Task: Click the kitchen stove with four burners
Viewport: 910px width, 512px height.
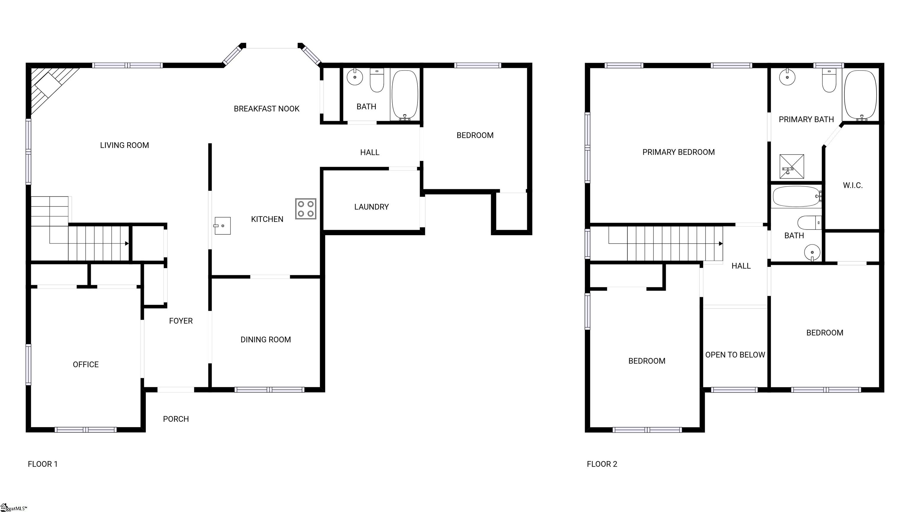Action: tap(306, 209)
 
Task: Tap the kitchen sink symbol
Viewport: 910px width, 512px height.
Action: tap(222, 226)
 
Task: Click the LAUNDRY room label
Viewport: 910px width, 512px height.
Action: tap(371, 207)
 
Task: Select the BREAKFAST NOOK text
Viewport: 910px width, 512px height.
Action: tap(266, 109)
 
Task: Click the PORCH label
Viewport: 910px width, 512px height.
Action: tap(176, 419)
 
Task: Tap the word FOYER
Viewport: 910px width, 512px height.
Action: tap(180, 321)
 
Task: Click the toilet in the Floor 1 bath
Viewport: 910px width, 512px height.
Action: tap(377, 81)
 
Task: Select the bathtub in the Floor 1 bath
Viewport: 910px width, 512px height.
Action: tap(405, 95)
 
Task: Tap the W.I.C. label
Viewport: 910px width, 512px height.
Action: tap(853, 185)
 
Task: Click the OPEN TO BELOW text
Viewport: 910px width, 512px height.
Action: tap(735, 355)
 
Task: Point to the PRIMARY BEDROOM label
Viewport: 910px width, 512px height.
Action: tap(678, 152)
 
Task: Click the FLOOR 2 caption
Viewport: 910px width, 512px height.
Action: tap(602, 464)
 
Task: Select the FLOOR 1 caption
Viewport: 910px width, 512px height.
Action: tap(42, 464)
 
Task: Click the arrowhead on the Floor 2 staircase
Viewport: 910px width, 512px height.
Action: tap(721, 244)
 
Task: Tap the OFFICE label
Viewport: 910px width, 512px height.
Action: tap(86, 365)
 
